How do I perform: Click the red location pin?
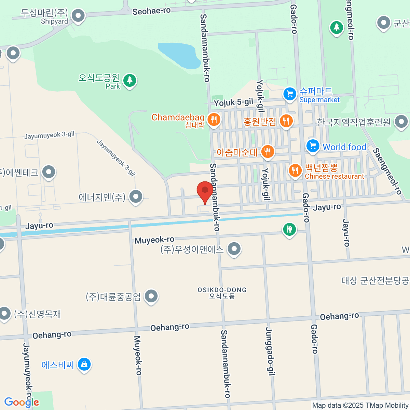pyautogui.click(x=205, y=191)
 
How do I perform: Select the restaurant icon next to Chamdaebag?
pyautogui.click(x=214, y=120)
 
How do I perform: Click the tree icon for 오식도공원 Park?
pyautogui.click(x=129, y=81)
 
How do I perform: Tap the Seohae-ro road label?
pyautogui.click(x=151, y=11)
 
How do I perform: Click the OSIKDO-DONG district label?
pyautogui.click(x=222, y=292)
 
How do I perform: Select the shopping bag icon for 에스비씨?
pyautogui.click(x=84, y=365)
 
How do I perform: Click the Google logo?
pyautogui.click(x=22, y=402)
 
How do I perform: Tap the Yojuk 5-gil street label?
pyautogui.click(x=233, y=102)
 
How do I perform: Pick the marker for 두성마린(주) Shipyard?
pyautogui.click(x=79, y=16)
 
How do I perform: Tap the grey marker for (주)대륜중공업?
pyautogui.click(x=151, y=296)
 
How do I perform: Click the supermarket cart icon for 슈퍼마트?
pyautogui.click(x=290, y=94)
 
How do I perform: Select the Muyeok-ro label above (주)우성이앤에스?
pyautogui.click(x=154, y=240)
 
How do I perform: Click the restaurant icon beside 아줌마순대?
pyautogui.click(x=268, y=151)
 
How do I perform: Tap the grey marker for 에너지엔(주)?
pyautogui.click(x=136, y=196)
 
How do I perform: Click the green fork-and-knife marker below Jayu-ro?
pyautogui.click(x=289, y=229)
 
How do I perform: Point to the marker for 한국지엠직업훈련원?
pyautogui.click(x=401, y=122)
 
